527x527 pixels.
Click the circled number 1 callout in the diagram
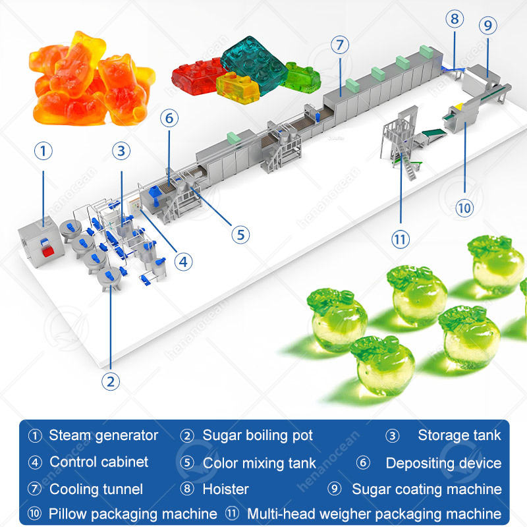(x=43, y=152)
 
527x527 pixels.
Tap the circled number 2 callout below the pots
(x=111, y=380)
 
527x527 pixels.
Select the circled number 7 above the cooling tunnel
(x=340, y=45)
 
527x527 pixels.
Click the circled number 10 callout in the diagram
(x=464, y=208)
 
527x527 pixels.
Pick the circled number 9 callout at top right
(x=487, y=27)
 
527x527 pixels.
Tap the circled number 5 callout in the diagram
(x=240, y=234)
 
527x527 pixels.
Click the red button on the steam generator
(x=47, y=248)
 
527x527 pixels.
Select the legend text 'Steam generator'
(x=103, y=435)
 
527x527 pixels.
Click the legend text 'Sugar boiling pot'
(x=258, y=435)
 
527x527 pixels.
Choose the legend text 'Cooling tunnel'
(x=96, y=489)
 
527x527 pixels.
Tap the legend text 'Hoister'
(x=226, y=489)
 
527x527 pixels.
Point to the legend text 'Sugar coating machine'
(x=427, y=489)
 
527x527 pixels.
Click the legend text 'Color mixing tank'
(x=260, y=463)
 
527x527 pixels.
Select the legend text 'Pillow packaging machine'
(x=133, y=514)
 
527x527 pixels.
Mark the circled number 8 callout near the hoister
(x=454, y=19)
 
